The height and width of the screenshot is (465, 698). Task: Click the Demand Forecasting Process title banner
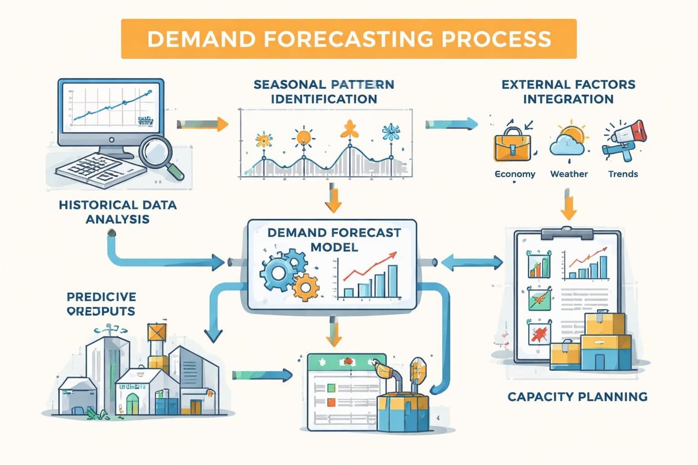(x=348, y=38)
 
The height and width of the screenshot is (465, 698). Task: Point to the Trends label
(x=623, y=174)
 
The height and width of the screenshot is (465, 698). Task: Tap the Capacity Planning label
(x=577, y=397)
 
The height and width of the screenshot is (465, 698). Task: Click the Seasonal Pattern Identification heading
(x=316, y=92)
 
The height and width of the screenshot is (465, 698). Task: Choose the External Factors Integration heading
(x=568, y=92)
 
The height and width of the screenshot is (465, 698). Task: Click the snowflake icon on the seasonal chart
(x=388, y=133)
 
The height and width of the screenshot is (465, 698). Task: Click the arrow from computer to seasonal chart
(x=201, y=123)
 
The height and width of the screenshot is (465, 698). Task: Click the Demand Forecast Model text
(x=333, y=239)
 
